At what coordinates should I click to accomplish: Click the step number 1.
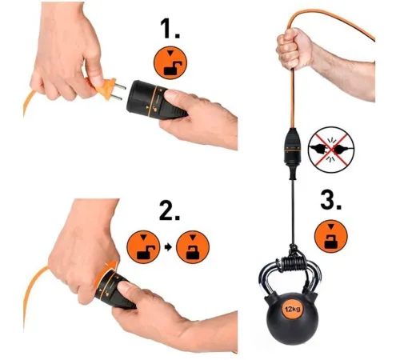[x=170, y=29]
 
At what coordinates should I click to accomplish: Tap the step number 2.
[x=170, y=210]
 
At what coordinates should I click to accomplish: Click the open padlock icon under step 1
[x=170, y=63]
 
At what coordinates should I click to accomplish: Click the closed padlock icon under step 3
[x=331, y=236]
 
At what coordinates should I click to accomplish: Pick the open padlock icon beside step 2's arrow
[x=143, y=247]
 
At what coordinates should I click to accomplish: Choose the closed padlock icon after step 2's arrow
[x=193, y=247]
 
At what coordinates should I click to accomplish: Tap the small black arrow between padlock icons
[x=168, y=247]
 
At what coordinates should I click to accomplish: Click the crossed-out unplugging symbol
[x=331, y=150]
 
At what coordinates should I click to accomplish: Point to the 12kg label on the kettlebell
[x=292, y=310]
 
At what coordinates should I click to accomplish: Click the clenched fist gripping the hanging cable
[x=293, y=50]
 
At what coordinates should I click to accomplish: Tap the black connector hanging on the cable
[x=293, y=153]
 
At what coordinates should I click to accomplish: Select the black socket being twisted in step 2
[x=115, y=290]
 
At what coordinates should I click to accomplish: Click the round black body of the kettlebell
[x=292, y=318]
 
